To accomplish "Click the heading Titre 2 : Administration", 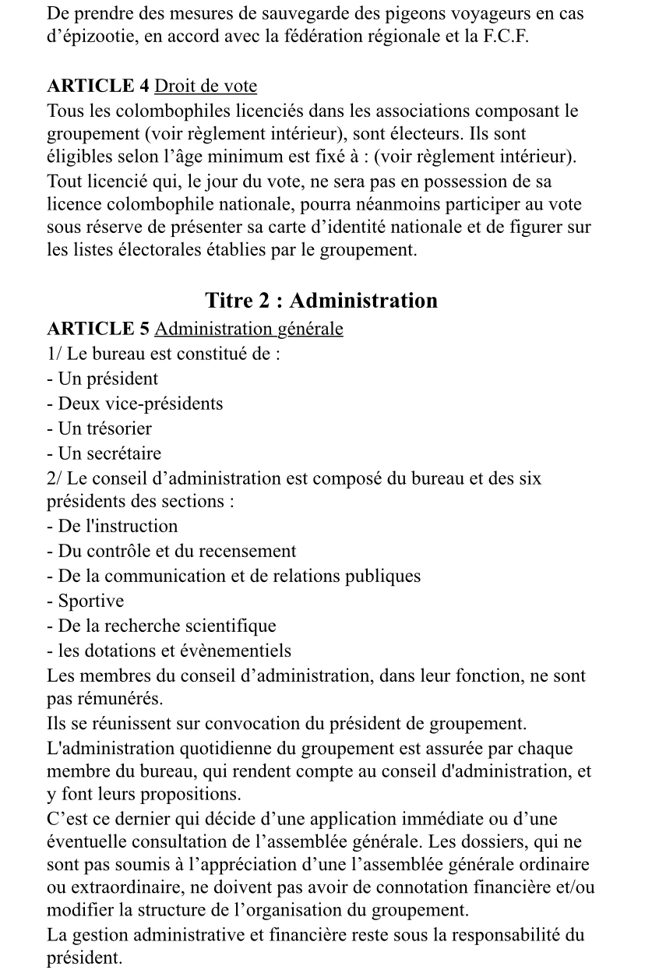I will pyautogui.click(x=321, y=301).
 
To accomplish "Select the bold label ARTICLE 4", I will pyautogui.click(x=97, y=86).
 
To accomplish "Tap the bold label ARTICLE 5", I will pyautogui.click(x=97, y=329).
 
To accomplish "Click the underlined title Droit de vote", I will pyautogui.click(x=206, y=86).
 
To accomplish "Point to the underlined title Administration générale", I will pyautogui.click(x=248, y=329).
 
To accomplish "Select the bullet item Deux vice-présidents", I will pyautogui.click(x=135, y=404).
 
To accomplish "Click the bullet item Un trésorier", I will pyautogui.click(x=99, y=429).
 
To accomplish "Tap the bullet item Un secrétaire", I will pyautogui.click(x=104, y=453).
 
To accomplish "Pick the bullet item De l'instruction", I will pyautogui.click(x=112, y=526).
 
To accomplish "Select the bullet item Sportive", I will pyautogui.click(x=85, y=601).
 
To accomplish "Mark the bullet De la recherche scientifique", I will pyautogui.click(x=161, y=626).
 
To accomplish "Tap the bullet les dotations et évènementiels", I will pyautogui.click(x=169, y=651).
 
